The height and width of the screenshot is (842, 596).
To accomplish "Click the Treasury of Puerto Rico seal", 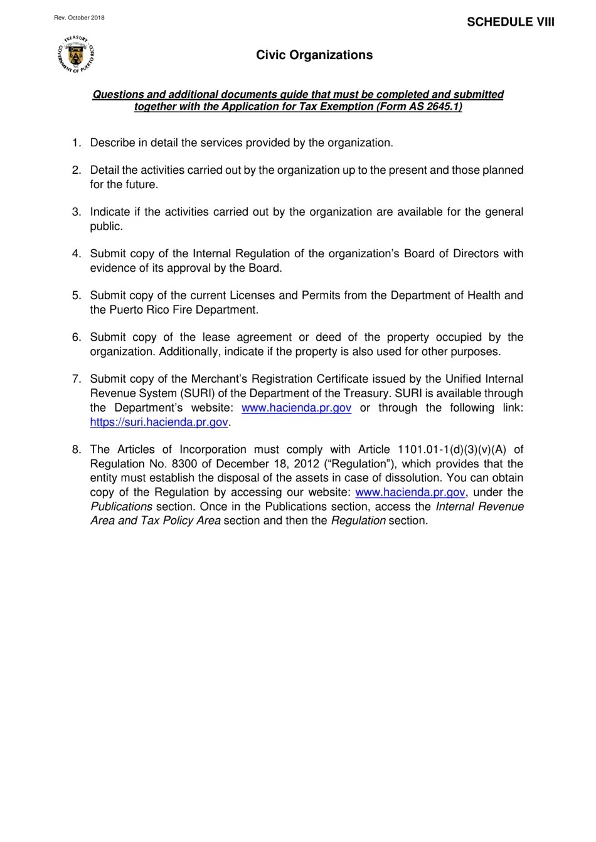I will tap(75, 55).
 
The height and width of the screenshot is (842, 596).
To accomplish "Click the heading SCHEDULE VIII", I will tap(510, 22).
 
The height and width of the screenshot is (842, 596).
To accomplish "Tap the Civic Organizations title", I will tap(314, 55).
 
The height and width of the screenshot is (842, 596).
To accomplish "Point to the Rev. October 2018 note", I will tap(79, 18).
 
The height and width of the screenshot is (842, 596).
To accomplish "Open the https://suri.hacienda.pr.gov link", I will tap(159, 422).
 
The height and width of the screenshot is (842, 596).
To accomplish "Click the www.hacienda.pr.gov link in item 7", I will tap(296, 408).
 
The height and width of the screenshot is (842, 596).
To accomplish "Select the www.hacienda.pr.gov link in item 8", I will tap(410, 493).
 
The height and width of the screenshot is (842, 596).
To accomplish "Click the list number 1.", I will tap(76, 143).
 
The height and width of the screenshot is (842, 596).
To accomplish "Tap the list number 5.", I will tap(76, 296).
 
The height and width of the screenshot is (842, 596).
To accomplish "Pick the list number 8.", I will tap(76, 450).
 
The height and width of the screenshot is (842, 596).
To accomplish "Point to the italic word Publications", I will tap(122, 507).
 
